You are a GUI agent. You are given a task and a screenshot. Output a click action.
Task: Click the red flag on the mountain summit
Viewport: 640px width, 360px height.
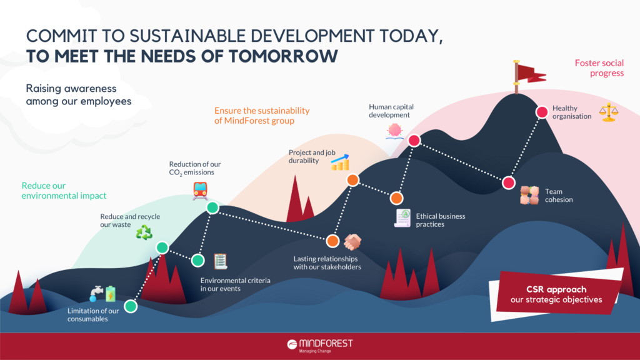[529, 73]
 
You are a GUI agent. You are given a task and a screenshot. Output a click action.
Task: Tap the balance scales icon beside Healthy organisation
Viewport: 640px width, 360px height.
[607, 112]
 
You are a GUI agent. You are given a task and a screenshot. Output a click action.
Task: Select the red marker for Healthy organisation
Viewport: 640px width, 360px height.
[542, 112]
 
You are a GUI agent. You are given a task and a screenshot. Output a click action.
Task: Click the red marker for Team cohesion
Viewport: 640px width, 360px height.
[508, 182]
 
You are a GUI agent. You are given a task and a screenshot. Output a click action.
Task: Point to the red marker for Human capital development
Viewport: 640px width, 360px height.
[414, 141]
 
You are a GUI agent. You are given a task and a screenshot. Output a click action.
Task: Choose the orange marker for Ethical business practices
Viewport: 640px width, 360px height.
[396, 198]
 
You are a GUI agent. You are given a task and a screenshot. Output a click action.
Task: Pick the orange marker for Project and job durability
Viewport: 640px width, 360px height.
[352, 180]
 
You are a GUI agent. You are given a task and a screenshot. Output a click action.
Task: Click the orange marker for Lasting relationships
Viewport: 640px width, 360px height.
[332, 241]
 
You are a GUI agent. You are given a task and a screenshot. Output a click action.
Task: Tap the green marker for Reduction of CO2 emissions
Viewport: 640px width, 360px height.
[212, 208]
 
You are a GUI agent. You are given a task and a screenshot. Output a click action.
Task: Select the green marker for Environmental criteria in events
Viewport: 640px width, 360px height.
[198, 260]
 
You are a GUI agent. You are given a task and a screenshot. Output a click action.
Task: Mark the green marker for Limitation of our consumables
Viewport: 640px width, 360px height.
[131, 306]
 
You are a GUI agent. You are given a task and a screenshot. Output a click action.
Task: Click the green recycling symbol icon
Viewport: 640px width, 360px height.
[144, 232]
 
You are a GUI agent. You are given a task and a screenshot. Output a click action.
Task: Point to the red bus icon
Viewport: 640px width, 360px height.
[201, 190]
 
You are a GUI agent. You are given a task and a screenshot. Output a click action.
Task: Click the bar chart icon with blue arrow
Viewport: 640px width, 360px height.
[340, 162]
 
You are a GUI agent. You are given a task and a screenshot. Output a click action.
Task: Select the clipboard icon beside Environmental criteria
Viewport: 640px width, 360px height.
[221, 261]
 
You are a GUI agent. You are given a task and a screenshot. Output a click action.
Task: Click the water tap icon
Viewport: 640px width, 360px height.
[96, 292]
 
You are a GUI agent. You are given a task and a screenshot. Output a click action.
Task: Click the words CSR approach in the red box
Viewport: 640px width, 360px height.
[547, 289]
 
